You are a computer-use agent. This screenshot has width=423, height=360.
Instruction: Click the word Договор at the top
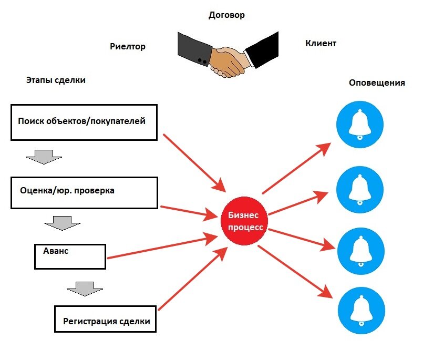pos(226,15)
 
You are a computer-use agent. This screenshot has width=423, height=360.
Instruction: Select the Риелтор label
pos(128,47)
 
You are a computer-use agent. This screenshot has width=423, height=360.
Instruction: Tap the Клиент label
pos(321,44)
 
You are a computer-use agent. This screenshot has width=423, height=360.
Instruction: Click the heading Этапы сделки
pos(56,80)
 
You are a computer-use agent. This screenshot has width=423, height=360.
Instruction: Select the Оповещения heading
pos(377,83)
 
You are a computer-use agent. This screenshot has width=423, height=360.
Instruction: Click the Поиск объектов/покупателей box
pos(84,122)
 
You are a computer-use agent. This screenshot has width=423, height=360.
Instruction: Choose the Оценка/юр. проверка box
pos(84,192)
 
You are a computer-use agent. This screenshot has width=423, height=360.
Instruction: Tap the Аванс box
pos(70,255)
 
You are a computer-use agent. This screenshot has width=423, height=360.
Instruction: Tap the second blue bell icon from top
pos(360,188)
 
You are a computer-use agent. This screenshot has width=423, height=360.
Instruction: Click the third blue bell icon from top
pos(360,251)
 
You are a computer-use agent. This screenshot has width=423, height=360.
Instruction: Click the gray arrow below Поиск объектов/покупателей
pos(44,156)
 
